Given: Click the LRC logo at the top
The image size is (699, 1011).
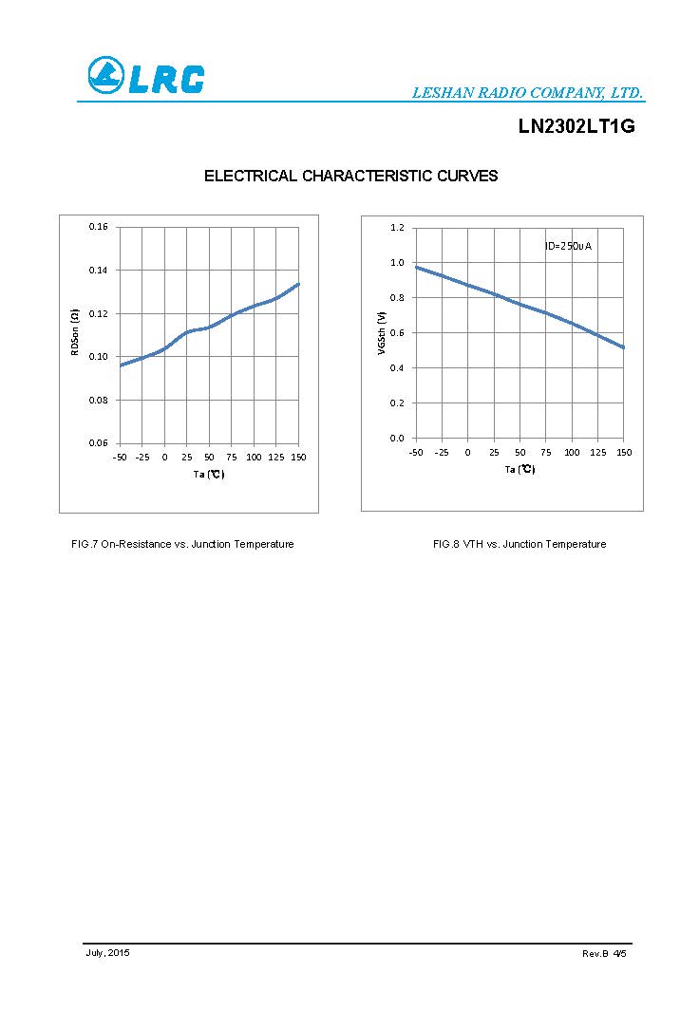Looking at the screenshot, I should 145,76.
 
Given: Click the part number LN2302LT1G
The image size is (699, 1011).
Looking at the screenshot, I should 576,126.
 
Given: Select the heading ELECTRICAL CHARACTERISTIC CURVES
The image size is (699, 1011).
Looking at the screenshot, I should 350,176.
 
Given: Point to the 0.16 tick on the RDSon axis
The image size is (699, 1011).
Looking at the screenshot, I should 99,227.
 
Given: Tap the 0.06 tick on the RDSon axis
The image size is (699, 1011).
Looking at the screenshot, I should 99,443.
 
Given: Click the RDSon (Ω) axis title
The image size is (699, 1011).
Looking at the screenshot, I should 75,332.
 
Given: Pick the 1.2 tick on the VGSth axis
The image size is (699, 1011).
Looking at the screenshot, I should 397,228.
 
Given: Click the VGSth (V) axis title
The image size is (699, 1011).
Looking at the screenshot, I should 382,334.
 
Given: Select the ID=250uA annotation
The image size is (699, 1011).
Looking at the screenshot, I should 568,246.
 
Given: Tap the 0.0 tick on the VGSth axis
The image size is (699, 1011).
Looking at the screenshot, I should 397,439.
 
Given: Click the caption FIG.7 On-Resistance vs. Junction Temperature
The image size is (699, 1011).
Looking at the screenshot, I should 182,544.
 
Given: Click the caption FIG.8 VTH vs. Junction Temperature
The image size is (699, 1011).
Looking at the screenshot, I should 519,544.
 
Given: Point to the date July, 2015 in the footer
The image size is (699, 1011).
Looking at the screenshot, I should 107,952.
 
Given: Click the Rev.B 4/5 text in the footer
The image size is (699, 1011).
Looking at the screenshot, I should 604,953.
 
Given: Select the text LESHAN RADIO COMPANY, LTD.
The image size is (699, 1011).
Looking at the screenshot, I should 527,93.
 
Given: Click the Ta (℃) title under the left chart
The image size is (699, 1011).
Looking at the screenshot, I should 209,475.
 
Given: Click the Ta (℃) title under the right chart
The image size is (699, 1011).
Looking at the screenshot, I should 520,470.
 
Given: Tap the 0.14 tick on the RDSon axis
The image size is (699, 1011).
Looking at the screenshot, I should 99,271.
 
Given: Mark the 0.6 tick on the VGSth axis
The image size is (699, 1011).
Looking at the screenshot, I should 397,333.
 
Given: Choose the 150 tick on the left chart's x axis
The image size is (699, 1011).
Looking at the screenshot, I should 298,458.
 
